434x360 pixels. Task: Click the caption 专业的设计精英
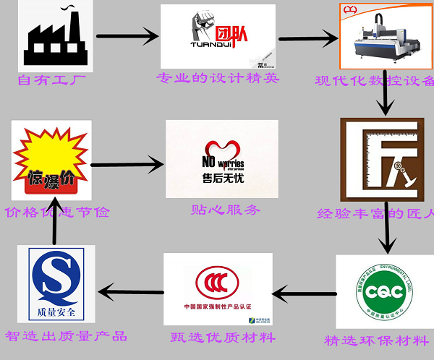pos(217,77)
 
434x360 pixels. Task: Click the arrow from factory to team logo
pos(127,37)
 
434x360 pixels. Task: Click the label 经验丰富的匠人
pos(376,214)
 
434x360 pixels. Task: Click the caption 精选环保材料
pos(376,340)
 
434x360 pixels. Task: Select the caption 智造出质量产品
pos(66,336)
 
